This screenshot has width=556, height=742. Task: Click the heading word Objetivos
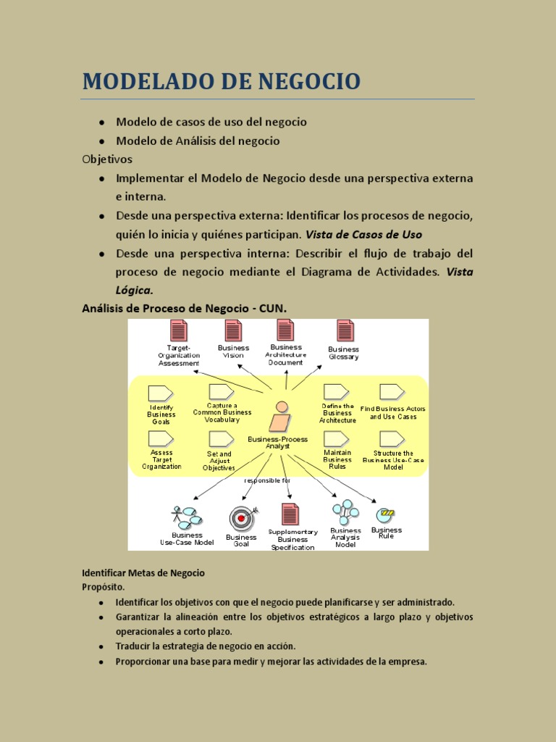point(107,159)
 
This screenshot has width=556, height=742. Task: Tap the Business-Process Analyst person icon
point(281,417)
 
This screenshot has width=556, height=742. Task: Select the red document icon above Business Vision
point(233,330)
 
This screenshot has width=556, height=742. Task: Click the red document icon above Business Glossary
point(345,330)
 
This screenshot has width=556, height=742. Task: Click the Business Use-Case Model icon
point(187,517)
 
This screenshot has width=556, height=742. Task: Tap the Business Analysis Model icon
point(345,512)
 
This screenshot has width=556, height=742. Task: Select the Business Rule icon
point(386,514)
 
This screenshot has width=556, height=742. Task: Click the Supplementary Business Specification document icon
point(290,515)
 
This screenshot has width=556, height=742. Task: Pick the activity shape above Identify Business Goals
point(160,393)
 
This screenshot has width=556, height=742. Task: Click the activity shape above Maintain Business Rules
point(336,438)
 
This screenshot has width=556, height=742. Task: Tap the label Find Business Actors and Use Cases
point(392,413)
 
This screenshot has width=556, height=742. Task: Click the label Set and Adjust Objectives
point(219,461)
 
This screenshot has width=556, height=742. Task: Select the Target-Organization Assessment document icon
point(178,331)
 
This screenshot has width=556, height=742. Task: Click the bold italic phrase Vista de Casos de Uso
point(363,235)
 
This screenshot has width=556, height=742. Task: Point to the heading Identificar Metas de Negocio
point(143,573)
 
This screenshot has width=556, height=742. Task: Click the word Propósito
point(103,587)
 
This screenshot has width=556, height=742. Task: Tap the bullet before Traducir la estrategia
point(102,646)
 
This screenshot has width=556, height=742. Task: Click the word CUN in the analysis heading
point(273,309)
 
